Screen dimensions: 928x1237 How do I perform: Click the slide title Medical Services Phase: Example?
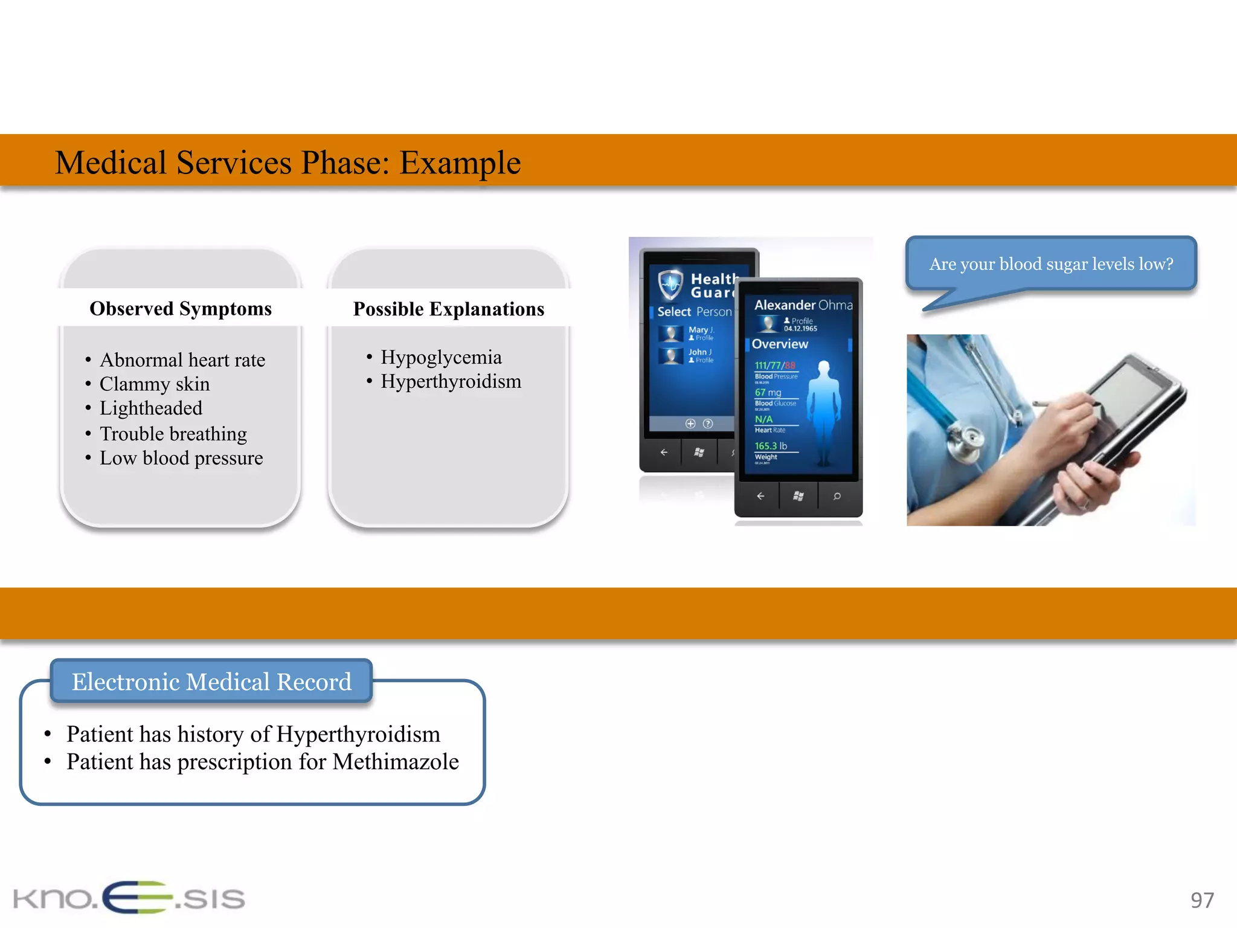[x=288, y=163]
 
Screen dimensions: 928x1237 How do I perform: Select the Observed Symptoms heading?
[x=181, y=309]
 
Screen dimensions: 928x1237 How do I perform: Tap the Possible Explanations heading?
[x=448, y=309]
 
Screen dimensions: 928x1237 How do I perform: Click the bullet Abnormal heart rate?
[x=182, y=360]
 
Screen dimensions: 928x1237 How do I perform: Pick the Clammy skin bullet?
[x=155, y=384]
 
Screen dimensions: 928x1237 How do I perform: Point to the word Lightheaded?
[x=151, y=408]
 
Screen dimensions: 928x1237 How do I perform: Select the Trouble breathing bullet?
[x=173, y=434]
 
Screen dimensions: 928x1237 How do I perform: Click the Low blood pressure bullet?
[x=181, y=458]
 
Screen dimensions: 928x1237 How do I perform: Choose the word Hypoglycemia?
[x=441, y=357]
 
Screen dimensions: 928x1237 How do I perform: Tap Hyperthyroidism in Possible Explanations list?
[x=451, y=382]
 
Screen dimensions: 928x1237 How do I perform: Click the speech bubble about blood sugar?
[x=1051, y=264]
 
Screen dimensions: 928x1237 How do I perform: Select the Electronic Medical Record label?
[x=211, y=681]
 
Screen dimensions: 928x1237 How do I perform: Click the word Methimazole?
[x=396, y=762]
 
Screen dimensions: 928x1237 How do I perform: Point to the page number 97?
[x=1201, y=900]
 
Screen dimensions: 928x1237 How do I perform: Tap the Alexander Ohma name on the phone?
[x=803, y=305]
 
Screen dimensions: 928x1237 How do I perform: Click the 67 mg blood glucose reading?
[x=768, y=393]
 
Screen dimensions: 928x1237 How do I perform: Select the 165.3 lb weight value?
[x=771, y=446]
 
